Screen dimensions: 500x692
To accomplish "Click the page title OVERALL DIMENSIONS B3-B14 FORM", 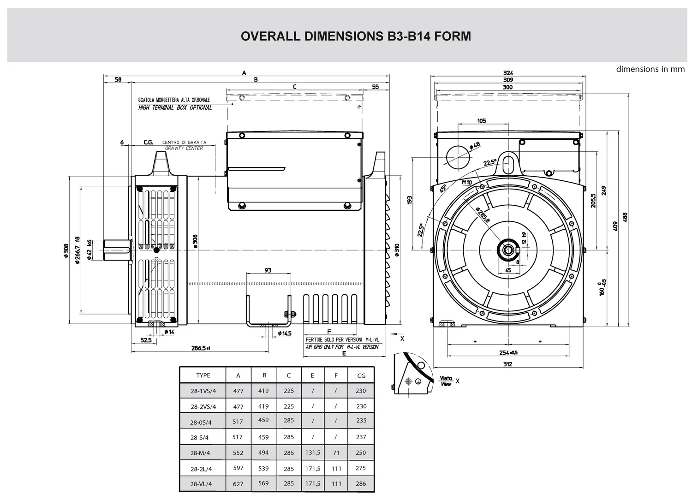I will [x=356, y=36].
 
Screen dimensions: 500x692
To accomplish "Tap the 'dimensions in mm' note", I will [x=650, y=69].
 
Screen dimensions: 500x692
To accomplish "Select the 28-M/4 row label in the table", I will [x=203, y=453].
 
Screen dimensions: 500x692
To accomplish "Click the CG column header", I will [x=361, y=375].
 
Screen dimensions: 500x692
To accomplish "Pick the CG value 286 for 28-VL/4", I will [x=361, y=484].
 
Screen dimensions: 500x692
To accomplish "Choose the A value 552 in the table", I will [x=238, y=453].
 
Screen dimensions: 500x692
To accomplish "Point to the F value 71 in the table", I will [x=336, y=452].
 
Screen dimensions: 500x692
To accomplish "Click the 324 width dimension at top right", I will [x=508, y=73].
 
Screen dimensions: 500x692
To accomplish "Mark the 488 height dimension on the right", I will [x=625, y=217].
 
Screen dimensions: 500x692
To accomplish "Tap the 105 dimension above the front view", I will [x=482, y=121].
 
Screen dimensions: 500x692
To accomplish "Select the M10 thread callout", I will [x=467, y=182].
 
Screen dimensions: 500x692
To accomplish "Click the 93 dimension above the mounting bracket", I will [x=268, y=270].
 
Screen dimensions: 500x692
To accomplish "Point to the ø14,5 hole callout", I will [x=285, y=333].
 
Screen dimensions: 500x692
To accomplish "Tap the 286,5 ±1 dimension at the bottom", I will [x=201, y=348].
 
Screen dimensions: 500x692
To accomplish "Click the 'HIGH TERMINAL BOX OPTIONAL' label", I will [x=175, y=108].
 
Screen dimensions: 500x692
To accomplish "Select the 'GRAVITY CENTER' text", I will [x=184, y=148].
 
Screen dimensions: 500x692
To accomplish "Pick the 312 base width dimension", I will [x=507, y=364].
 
